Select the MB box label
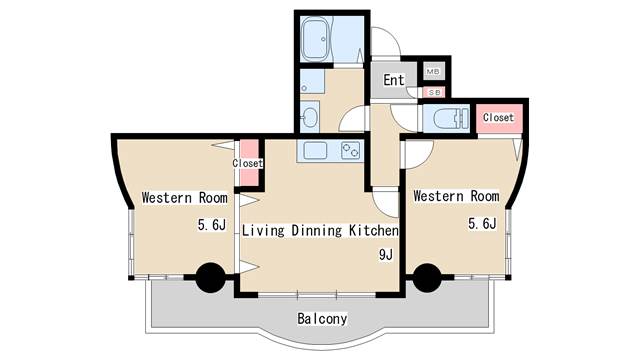tap(433, 71)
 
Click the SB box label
tap(434, 93)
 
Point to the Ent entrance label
tap(394, 80)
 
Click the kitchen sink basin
tap(316, 151)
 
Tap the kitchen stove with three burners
tap(351, 151)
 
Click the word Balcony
tap(322, 319)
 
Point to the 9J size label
tap(386, 255)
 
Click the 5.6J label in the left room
tap(212, 224)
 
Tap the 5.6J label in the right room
tap(482, 223)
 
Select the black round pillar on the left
tap(211, 278)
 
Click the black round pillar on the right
tap(427, 278)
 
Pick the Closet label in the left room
tap(247, 163)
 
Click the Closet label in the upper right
tap(498, 118)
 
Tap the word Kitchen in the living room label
tap(373, 231)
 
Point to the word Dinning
tap(317, 231)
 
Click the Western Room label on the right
tap(456, 196)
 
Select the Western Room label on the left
tap(184, 198)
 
